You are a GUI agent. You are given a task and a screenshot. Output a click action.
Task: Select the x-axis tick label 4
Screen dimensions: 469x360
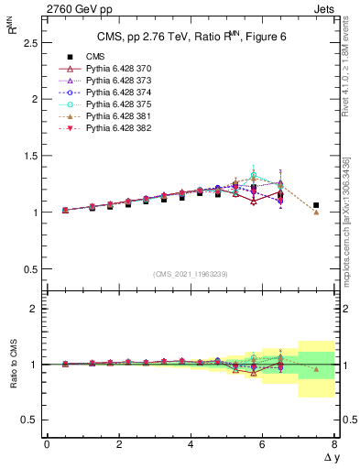coord(191,443)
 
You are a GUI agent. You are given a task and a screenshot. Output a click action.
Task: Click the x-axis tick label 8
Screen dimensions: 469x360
coord(334,443)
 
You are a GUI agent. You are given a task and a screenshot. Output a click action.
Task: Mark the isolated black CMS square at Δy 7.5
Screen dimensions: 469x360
coord(316,205)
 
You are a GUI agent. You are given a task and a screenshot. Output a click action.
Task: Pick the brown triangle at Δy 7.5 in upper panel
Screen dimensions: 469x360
coord(316,212)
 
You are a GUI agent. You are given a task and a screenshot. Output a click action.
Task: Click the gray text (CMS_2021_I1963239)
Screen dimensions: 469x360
coord(191,274)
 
